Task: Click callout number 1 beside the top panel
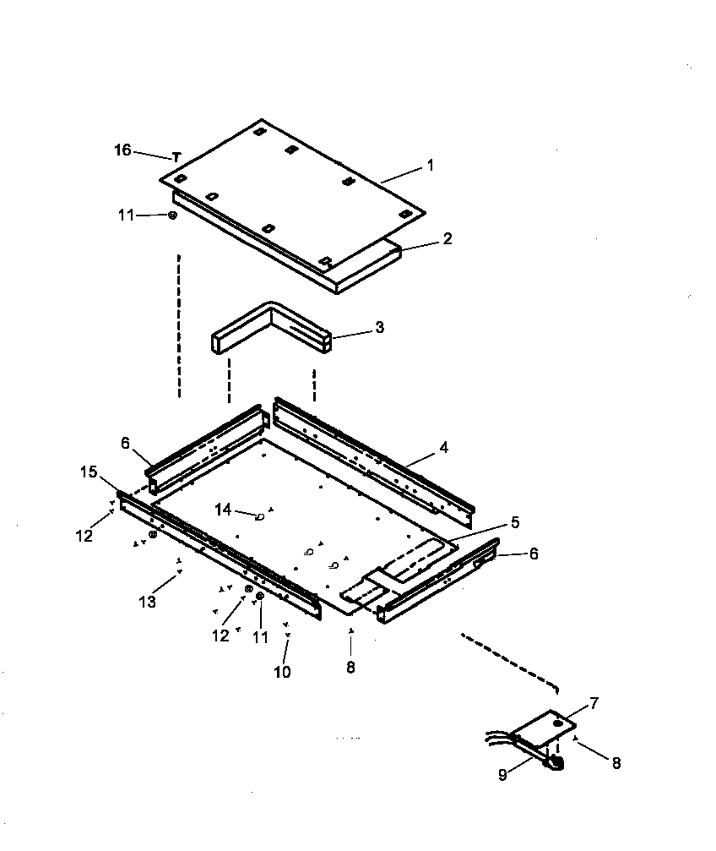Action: pyautogui.click(x=430, y=166)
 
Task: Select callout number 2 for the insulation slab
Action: pyautogui.click(x=447, y=239)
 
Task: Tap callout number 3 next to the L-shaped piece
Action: pyautogui.click(x=379, y=328)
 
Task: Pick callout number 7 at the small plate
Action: pyautogui.click(x=593, y=703)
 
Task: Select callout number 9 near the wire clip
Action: pyautogui.click(x=502, y=775)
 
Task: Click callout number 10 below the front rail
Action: pyautogui.click(x=282, y=672)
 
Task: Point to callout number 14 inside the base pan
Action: pyautogui.click(x=223, y=510)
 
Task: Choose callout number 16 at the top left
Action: pyautogui.click(x=122, y=150)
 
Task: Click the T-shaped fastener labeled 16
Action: pyautogui.click(x=176, y=157)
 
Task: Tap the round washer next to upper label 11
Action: pyautogui.click(x=172, y=215)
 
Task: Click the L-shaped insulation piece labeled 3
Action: pyautogui.click(x=270, y=325)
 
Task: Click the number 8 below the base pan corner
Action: pyautogui.click(x=350, y=667)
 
